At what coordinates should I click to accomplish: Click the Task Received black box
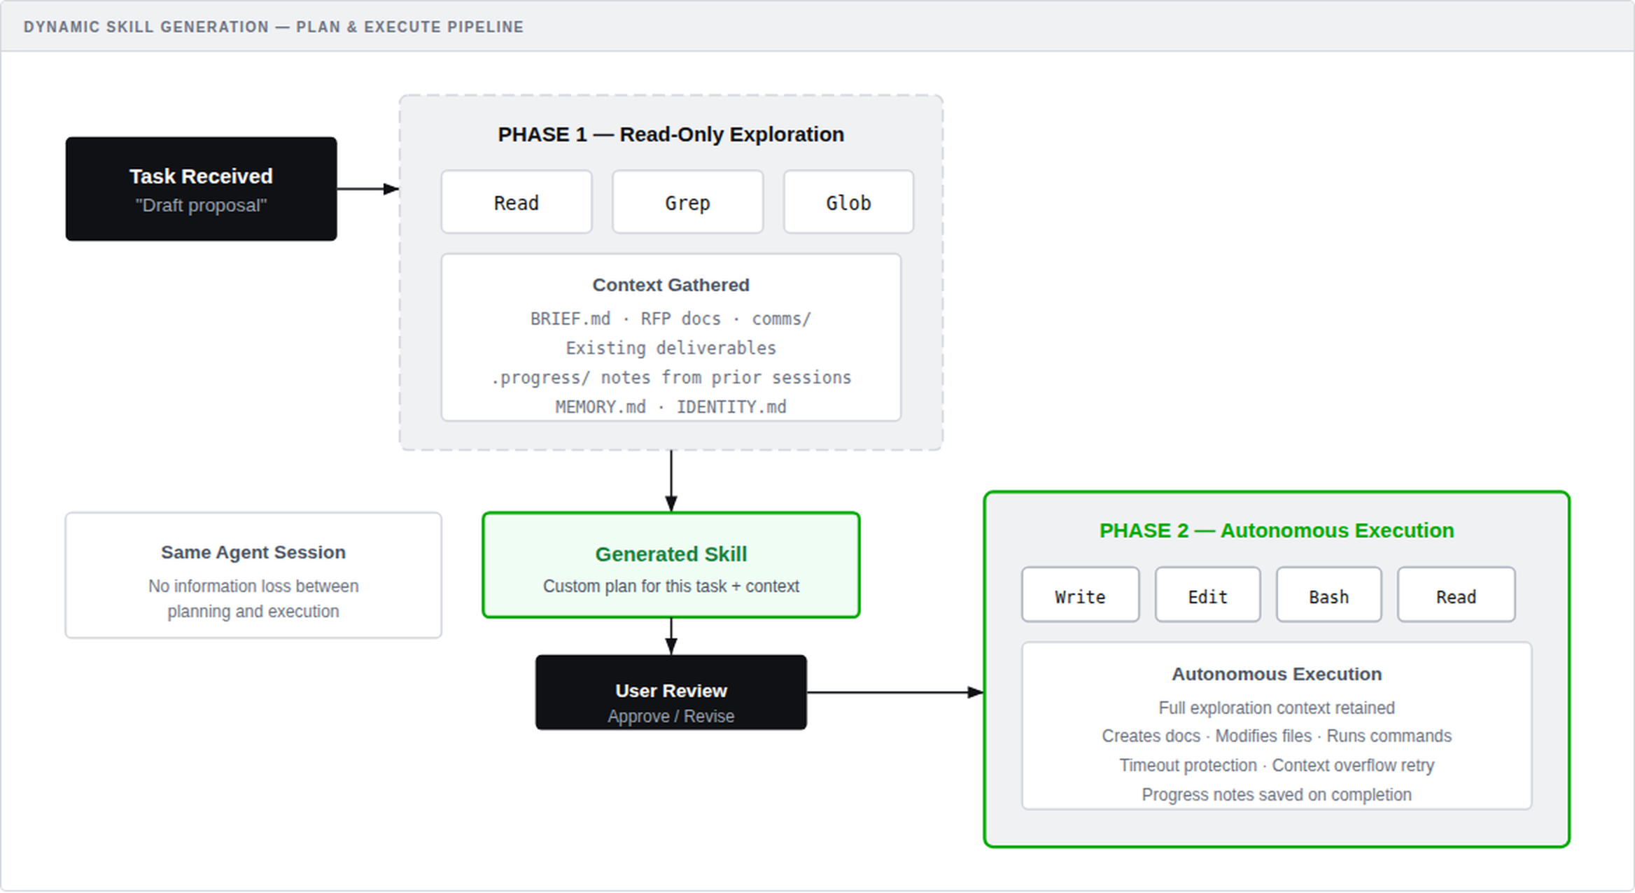click(201, 189)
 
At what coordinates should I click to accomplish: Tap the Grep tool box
click(687, 202)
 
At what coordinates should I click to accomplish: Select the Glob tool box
click(848, 202)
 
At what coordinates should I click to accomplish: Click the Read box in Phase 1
click(517, 202)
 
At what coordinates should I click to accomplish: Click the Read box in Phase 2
click(1456, 596)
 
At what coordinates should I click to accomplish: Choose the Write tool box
click(1080, 596)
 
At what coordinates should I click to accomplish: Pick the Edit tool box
click(1207, 596)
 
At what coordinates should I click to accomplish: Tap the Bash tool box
click(1328, 596)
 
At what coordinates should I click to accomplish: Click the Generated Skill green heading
click(671, 554)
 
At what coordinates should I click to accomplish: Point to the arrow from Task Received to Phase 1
click(367, 189)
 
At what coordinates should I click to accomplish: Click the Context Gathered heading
click(671, 285)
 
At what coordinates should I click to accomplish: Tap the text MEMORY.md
click(600, 407)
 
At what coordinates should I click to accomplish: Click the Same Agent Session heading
click(253, 552)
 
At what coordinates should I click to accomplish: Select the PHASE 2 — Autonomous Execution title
click(1276, 530)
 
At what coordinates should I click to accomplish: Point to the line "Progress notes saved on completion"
click(1276, 795)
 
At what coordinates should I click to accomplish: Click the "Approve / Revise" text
click(671, 717)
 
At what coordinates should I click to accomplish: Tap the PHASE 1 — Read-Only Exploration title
click(671, 134)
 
